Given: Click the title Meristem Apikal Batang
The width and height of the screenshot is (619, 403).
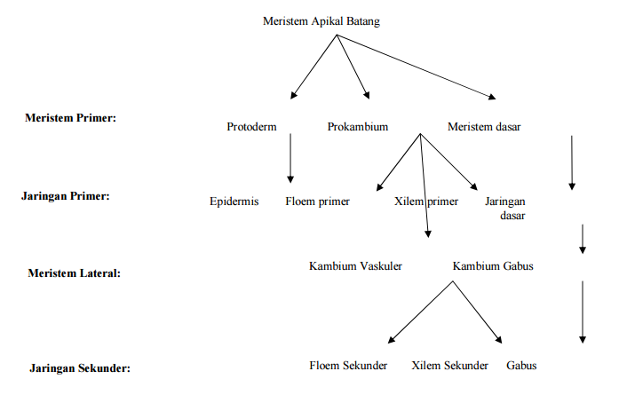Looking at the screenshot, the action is tap(321, 21).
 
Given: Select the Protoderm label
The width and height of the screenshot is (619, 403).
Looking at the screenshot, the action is tap(251, 127).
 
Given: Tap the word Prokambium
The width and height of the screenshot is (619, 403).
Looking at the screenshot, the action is tap(358, 127).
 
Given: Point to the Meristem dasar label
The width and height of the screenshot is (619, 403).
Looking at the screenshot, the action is tap(484, 127).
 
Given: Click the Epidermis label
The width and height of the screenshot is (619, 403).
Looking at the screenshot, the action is tap(234, 201).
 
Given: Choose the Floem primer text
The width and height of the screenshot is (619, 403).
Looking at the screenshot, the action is tap(317, 201).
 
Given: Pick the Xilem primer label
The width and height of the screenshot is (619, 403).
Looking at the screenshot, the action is tap(426, 201).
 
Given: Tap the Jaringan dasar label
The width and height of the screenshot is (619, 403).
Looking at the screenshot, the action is tap(505, 209).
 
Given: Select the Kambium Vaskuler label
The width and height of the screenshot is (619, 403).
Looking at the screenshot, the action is tap(355, 266).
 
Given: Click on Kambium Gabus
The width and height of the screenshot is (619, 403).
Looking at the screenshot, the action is tap(493, 266).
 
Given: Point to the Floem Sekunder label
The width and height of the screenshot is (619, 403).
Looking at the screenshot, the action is tap(348, 366).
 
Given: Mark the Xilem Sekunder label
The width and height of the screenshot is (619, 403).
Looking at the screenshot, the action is tap(449, 366).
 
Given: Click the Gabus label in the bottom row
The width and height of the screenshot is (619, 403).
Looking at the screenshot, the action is tap(521, 366).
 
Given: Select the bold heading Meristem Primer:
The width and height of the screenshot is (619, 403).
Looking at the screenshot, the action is tap(71, 118).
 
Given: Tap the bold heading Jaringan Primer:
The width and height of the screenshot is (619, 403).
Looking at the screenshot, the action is tap(66, 196).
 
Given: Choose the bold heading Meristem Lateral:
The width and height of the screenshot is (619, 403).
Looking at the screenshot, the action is tap(75, 273).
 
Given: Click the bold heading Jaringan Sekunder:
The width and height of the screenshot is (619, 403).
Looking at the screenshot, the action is tap(80, 368).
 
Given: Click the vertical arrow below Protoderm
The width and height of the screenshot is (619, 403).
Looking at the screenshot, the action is tap(290, 158).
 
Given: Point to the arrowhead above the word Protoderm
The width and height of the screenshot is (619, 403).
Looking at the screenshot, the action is tap(293, 95).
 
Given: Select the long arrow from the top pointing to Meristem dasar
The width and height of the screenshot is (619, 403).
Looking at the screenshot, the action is tap(417, 67).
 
